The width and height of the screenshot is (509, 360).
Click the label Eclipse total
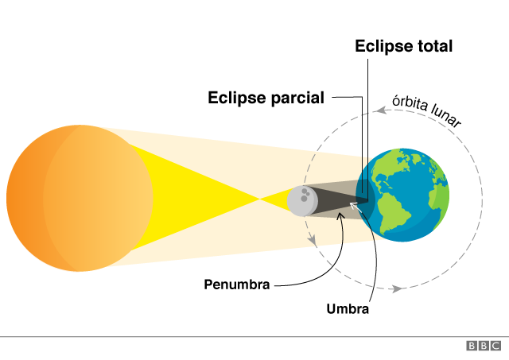(x=403, y=46)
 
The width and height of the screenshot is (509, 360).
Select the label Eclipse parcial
(x=266, y=98)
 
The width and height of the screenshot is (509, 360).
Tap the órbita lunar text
(x=426, y=114)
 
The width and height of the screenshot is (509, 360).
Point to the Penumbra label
(x=236, y=284)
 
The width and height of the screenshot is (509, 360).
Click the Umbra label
(x=348, y=308)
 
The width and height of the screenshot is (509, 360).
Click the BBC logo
(x=484, y=346)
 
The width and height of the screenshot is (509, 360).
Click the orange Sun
(x=80, y=197)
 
